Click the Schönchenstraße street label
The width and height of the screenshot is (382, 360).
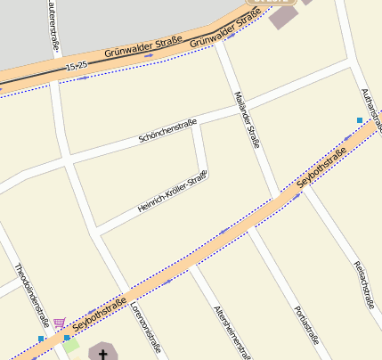(x=167, y=132)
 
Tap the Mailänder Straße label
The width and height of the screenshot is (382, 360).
(x=245, y=117)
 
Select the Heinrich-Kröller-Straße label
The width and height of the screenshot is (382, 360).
(x=173, y=192)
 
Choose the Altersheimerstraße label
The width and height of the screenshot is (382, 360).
(x=232, y=331)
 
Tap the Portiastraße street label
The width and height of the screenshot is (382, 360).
(x=305, y=324)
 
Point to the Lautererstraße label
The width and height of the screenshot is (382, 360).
(x=53, y=24)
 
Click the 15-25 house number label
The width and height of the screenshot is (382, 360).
(x=77, y=67)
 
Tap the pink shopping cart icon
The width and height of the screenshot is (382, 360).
(x=59, y=323)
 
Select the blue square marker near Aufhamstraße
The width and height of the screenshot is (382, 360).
(x=360, y=119)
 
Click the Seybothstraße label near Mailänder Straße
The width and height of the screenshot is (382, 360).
(x=321, y=169)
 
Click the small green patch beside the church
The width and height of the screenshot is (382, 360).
(x=70, y=345)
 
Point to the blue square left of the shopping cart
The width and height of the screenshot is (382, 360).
(x=41, y=339)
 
